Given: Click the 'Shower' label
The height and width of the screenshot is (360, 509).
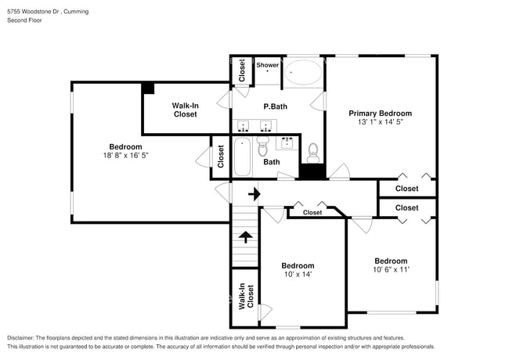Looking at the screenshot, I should [268, 65].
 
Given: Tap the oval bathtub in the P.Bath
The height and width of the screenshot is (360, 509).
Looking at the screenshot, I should [302, 74].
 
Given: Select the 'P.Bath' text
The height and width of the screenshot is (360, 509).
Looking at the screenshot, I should [274, 106].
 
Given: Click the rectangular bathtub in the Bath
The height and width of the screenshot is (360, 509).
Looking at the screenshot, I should [242, 156].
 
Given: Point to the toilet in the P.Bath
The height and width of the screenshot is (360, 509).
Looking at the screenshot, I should [313, 150].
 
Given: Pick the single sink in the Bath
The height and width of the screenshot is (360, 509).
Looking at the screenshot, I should [287, 142].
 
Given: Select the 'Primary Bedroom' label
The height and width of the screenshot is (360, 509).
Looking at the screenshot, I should [380, 113].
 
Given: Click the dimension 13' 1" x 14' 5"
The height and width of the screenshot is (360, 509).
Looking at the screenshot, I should [380, 121].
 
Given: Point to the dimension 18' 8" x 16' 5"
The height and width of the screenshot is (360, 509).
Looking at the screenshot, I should [125, 155].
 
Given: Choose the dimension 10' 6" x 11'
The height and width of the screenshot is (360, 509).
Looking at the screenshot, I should [391, 269].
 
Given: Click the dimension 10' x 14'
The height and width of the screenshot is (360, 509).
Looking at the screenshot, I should [298, 274].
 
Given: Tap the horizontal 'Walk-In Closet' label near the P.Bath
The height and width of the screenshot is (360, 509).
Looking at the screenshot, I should [186, 110].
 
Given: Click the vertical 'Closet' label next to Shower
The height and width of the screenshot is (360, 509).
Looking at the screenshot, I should [242, 70].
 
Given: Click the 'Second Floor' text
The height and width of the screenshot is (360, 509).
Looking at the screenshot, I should [25, 20].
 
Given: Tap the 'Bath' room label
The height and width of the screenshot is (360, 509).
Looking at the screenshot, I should [271, 162].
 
